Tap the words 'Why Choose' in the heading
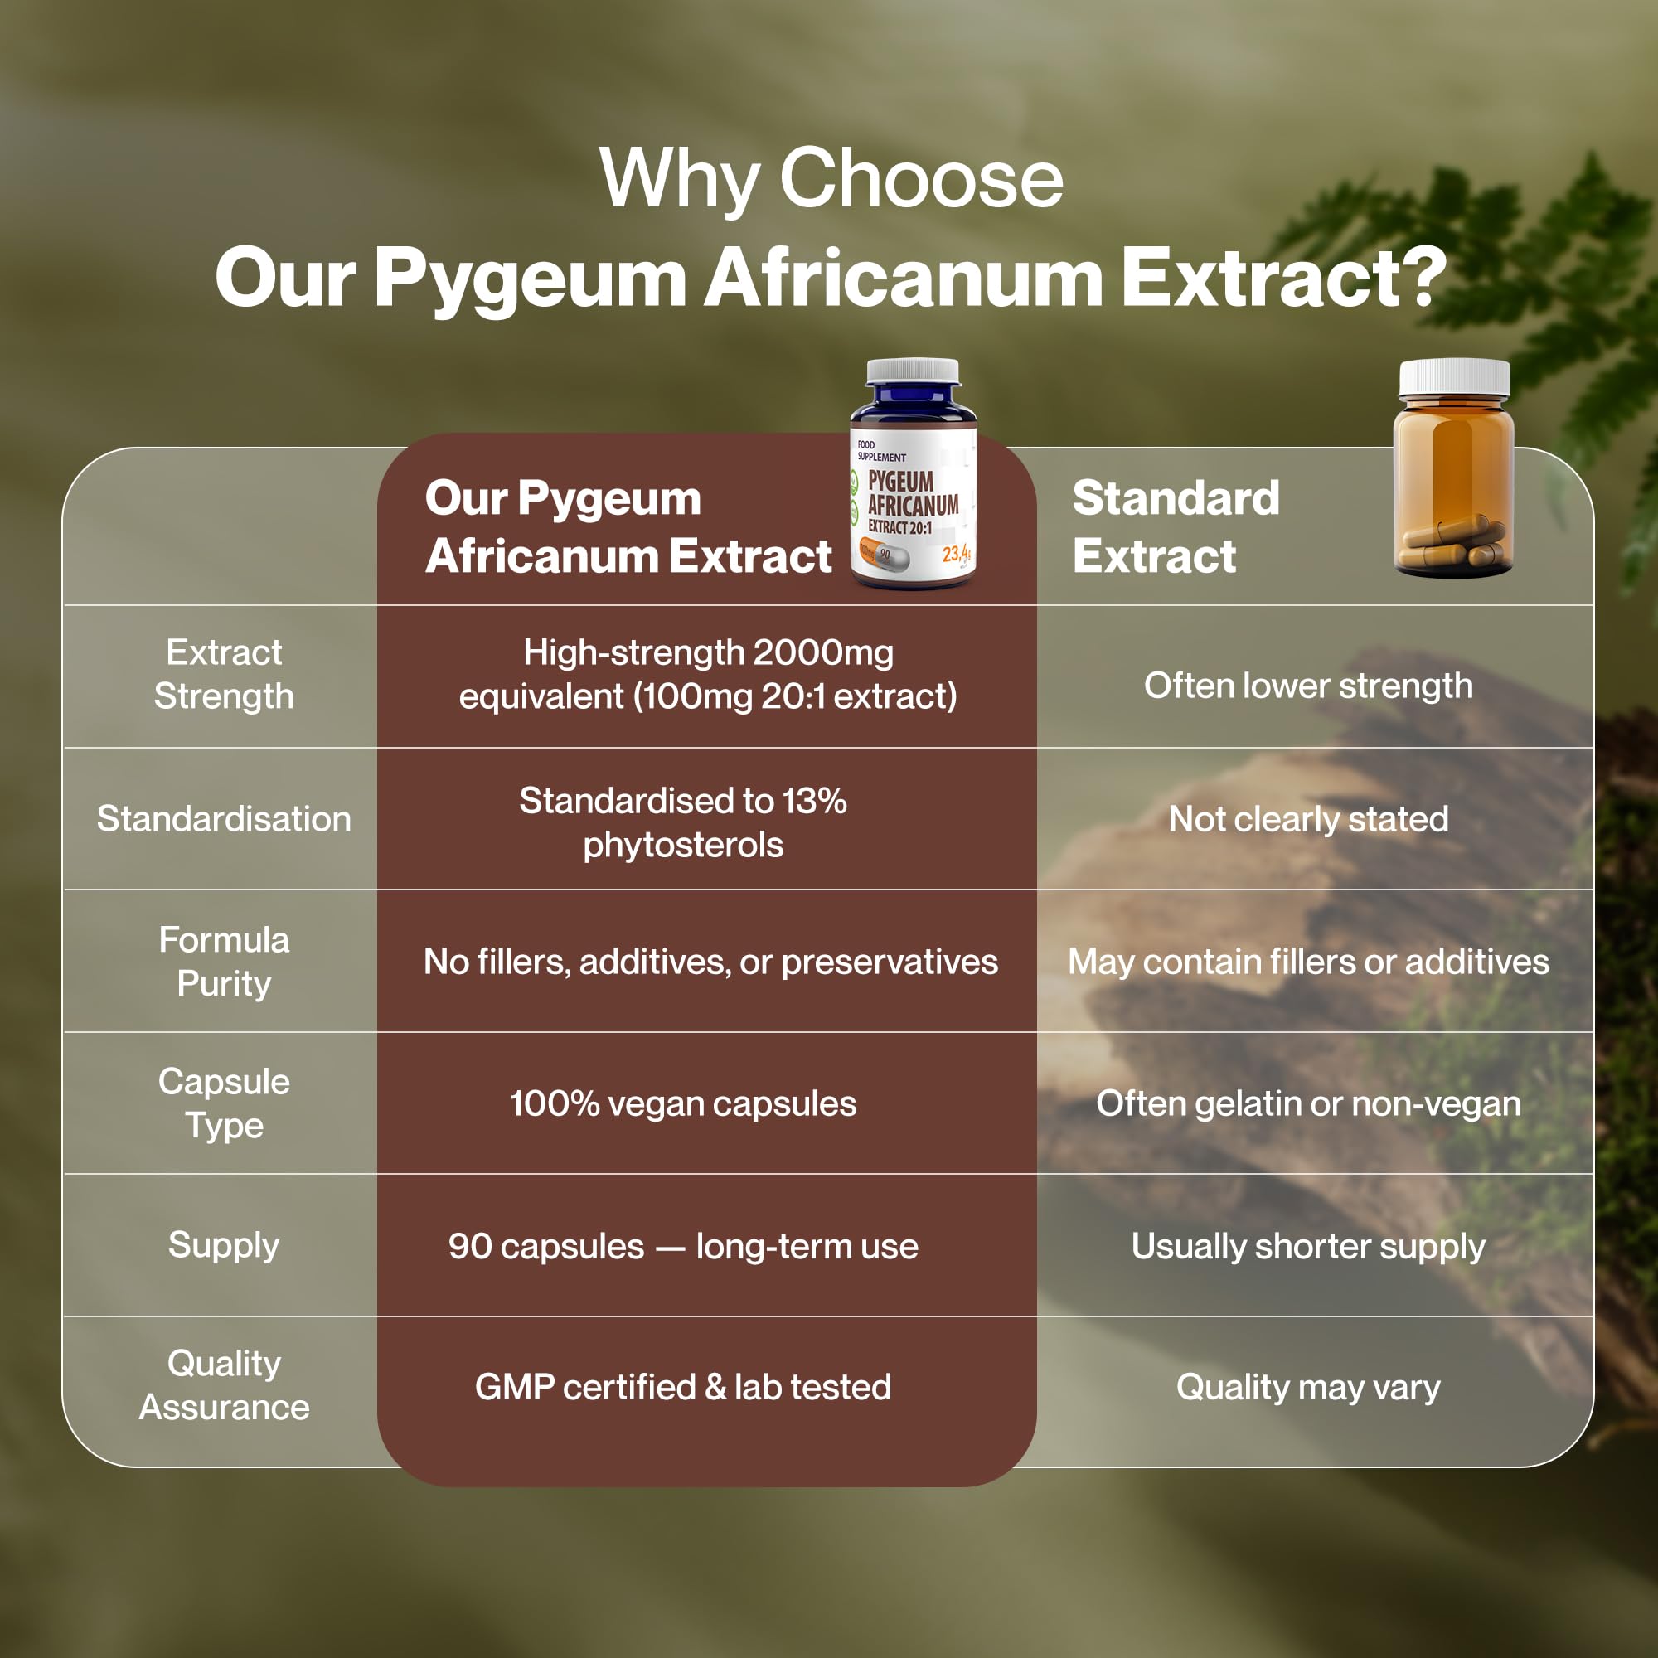pos(831,179)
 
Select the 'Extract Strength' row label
pos(224,675)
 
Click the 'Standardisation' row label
pos(224,819)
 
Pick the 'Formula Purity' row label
pos(224,961)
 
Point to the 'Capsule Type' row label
pos(224,1103)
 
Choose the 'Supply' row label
pos(224,1246)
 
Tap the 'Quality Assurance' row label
pos(224,1386)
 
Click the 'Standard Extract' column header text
pos(1176,527)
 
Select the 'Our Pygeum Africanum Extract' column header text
pos(628,527)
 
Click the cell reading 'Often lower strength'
pos(1308,686)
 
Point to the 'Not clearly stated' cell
pos(1308,820)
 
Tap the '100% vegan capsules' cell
pos(683,1103)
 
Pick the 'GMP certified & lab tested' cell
pos(683,1387)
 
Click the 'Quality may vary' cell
pos(1308,1388)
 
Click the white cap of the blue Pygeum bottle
pos(913,371)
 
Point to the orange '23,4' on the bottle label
pos(957,554)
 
